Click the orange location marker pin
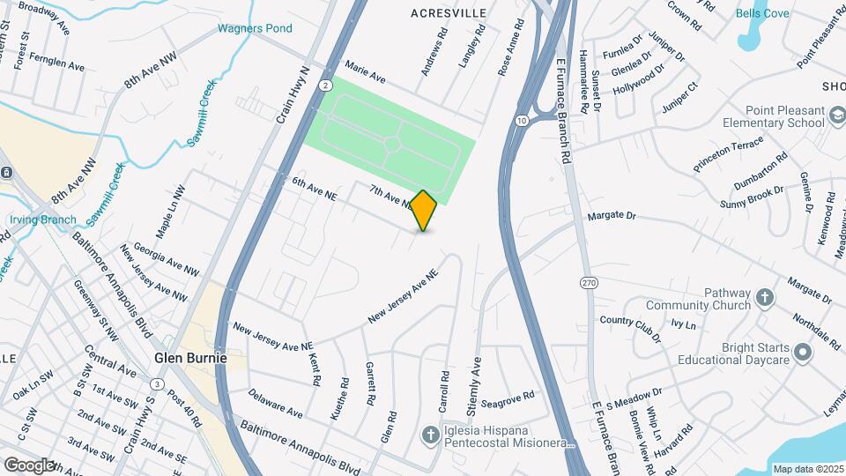(424, 210)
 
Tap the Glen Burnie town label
(190, 359)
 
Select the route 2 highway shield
(325, 85)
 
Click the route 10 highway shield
(523, 119)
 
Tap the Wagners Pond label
(256, 28)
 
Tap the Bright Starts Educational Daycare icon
(802, 353)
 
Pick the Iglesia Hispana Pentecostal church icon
(430, 434)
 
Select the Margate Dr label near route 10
(611, 215)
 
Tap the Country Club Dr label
(629, 327)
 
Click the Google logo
(29, 465)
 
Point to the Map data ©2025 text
(806, 469)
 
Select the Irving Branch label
(38, 219)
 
